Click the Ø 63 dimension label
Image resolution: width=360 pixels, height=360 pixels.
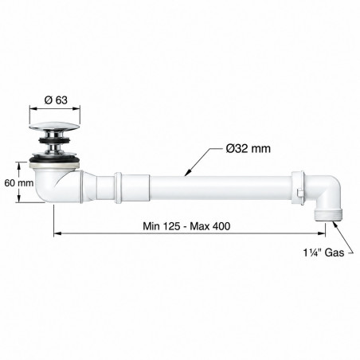56,100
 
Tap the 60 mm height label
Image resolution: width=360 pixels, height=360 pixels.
19,183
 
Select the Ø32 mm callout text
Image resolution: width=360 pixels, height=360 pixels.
248,149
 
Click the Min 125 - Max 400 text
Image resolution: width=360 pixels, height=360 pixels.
186,226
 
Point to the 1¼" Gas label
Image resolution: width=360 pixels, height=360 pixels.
323,252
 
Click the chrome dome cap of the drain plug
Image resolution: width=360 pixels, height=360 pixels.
55,126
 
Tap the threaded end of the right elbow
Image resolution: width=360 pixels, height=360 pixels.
328,214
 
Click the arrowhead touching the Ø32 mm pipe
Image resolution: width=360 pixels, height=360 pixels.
188,173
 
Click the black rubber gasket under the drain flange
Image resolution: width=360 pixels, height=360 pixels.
55,159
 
